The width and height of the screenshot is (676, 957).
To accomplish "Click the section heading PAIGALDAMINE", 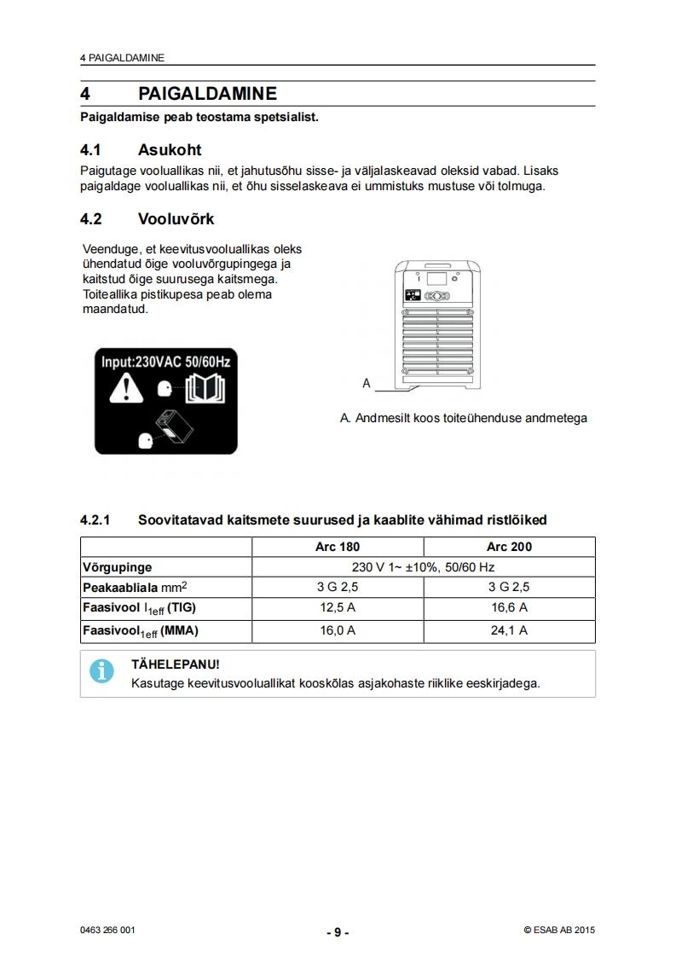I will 207,93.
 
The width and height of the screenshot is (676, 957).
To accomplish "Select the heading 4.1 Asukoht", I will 140,150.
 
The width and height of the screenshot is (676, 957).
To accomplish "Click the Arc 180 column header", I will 338,547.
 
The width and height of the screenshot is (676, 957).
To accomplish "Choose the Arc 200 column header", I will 510,547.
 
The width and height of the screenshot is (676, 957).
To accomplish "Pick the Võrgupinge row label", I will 117,566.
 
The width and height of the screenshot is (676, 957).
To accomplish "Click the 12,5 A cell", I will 338,607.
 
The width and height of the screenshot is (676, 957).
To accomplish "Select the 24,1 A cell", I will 510,630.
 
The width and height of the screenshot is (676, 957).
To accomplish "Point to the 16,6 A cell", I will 510,607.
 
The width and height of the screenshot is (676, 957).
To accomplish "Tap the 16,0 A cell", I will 338,630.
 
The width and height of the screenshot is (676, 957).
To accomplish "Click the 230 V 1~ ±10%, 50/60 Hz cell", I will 424,566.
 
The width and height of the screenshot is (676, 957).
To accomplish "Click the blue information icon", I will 102,671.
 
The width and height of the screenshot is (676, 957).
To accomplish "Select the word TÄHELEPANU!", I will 175,664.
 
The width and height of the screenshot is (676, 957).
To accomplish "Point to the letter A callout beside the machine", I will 367,384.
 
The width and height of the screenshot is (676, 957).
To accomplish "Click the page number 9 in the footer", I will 338,932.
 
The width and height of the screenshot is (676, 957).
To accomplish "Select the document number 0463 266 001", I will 107,931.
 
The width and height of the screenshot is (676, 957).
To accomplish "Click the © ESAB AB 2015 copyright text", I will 559,931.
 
